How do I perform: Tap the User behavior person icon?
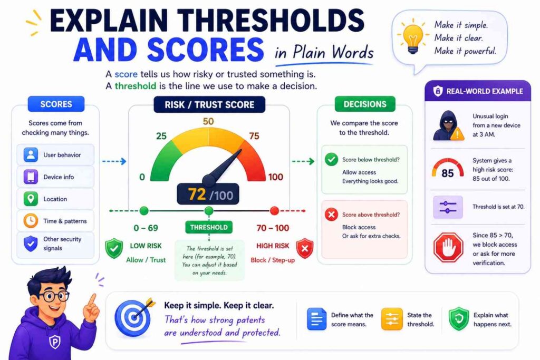pyautogui.click(x=31, y=155)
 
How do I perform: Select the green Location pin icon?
pyautogui.click(x=31, y=199)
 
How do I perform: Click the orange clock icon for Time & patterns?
pyautogui.click(x=31, y=221)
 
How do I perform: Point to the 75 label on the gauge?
pyautogui.click(x=254, y=137)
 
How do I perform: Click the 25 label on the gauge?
pyautogui.click(x=161, y=137)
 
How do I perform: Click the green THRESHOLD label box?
pyautogui.click(x=209, y=228)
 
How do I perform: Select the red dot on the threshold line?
pyautogui.click(x=274, y=211)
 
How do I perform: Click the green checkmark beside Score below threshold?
pyautogui.click(x=332, y=159)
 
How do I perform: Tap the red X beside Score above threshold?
pyautogui.click(x=332, y=215)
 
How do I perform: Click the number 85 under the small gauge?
pyautogui.click(x=447, y=173)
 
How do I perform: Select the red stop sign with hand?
pyautogui.click(x=448, y=247)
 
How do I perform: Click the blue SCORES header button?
pyautogui.click(x=56, y=104)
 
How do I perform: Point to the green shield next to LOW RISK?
pyautogui.click(x=113, y=248)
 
